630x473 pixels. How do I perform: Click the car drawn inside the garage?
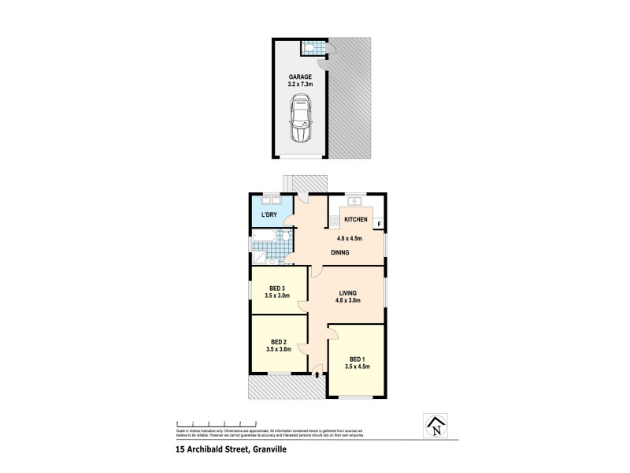299,119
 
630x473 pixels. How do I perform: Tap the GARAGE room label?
299,76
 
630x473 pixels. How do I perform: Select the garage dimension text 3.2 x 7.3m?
299,84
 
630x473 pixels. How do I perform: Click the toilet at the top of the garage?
312,48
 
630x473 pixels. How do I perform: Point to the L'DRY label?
269,214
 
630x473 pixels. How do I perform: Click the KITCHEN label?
356,219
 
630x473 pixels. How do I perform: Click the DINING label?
339,252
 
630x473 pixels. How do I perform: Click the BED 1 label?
356,358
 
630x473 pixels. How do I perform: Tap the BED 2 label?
279,341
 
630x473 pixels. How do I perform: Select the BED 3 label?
278,288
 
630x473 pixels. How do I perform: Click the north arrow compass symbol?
434,426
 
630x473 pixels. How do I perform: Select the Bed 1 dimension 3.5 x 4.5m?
357,367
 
